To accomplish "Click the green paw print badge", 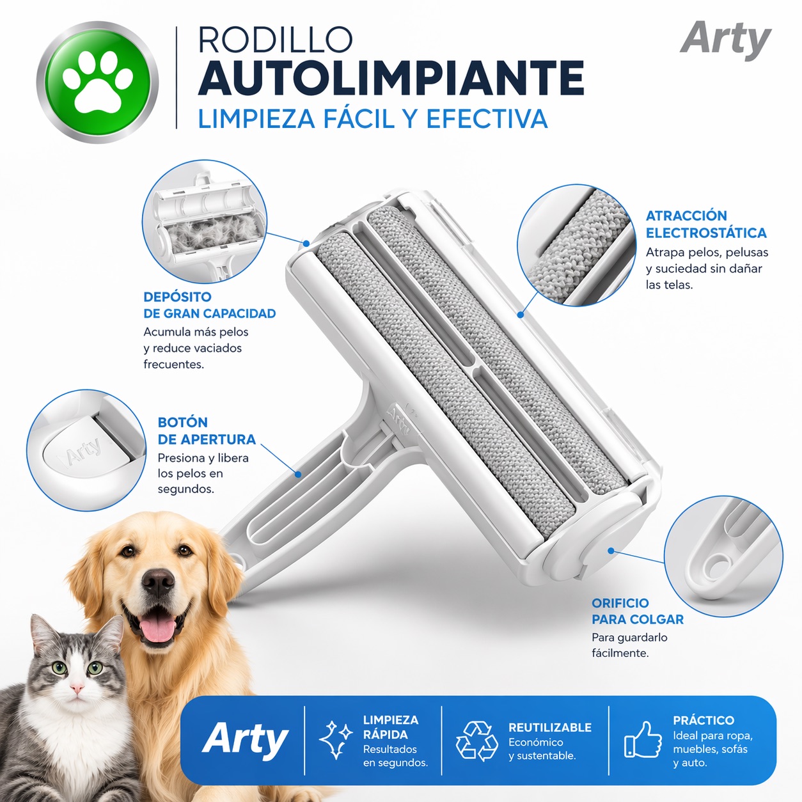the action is tap(97, 82).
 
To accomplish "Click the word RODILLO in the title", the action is tap(276, 40).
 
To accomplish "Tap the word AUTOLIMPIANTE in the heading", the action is tap(391, 79).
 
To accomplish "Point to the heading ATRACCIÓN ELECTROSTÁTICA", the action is tap(706, 224).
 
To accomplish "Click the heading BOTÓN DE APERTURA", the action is tap(207, 431).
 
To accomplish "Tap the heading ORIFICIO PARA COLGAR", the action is tap(638, 611).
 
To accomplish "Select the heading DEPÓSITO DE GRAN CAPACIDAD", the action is tap(209, 305).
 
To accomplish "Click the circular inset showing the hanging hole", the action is tap(723, 556).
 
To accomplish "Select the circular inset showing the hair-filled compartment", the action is tap(205, 221).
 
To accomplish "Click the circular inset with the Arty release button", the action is tap(86, 450).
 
